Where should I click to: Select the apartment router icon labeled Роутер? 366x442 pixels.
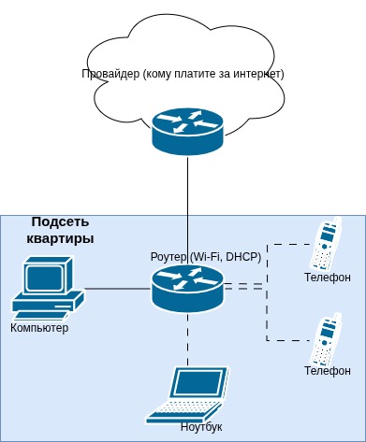187,287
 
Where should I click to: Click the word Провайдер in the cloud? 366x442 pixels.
111,73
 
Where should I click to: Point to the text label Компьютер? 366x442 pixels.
39,328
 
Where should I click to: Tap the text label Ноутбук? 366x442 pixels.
201,427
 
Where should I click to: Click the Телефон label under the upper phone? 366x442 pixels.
328,278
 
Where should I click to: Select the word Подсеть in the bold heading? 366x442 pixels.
60,222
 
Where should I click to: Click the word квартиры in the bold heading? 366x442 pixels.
60,239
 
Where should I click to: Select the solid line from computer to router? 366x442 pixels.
117,288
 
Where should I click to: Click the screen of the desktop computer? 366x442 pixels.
45,278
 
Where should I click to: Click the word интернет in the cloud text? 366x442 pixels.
255,73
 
